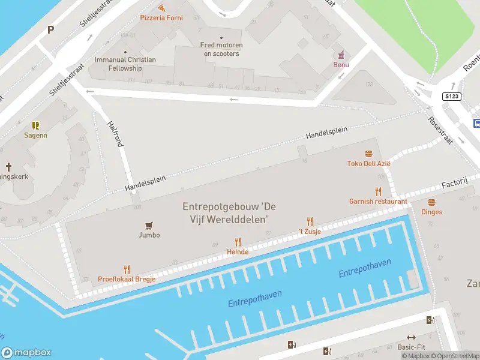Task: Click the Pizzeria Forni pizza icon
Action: pyautogui.click(x=162, y=8)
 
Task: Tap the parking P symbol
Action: pyautogui.click(x=51, y=29)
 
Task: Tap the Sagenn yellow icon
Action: pyautogui.click(x=35, y=125)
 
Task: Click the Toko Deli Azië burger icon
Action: pyautogui.click(x=368, y=154)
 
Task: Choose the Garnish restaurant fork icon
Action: pyautogui.click(x=378, y=192)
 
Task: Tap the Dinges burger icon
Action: pyautogui.click(x=431, y=202)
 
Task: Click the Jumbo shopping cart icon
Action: pyautogui.click(x=149, y=226)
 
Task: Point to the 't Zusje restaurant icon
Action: pyautogui.click(x=310, y=222)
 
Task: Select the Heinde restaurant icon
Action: pyautogui.click(x=238, y=242)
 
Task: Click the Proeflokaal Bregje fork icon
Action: pyautogui.click(x=127, y=270)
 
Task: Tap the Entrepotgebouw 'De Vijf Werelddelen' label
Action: pyautogui.click(x=225, y=212)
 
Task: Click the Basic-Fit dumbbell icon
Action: pyautogui.click(x=411, y=338)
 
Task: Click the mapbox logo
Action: pyautogui.click(x=26, y=353)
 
